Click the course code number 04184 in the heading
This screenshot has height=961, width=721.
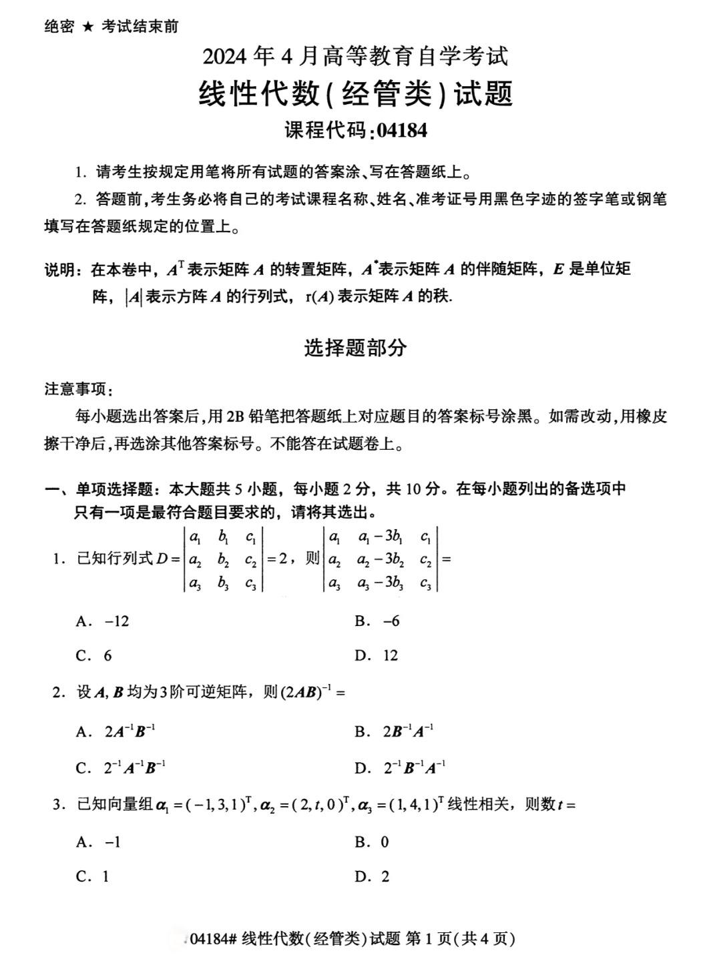401,129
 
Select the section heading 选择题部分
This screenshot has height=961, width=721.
355,348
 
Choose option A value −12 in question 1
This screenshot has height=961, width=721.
117,621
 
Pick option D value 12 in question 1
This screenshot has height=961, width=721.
391,656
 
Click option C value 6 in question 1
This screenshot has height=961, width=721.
107,656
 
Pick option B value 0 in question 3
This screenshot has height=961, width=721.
385,842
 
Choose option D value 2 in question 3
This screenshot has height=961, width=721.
385,877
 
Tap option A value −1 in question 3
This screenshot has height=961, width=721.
113,842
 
